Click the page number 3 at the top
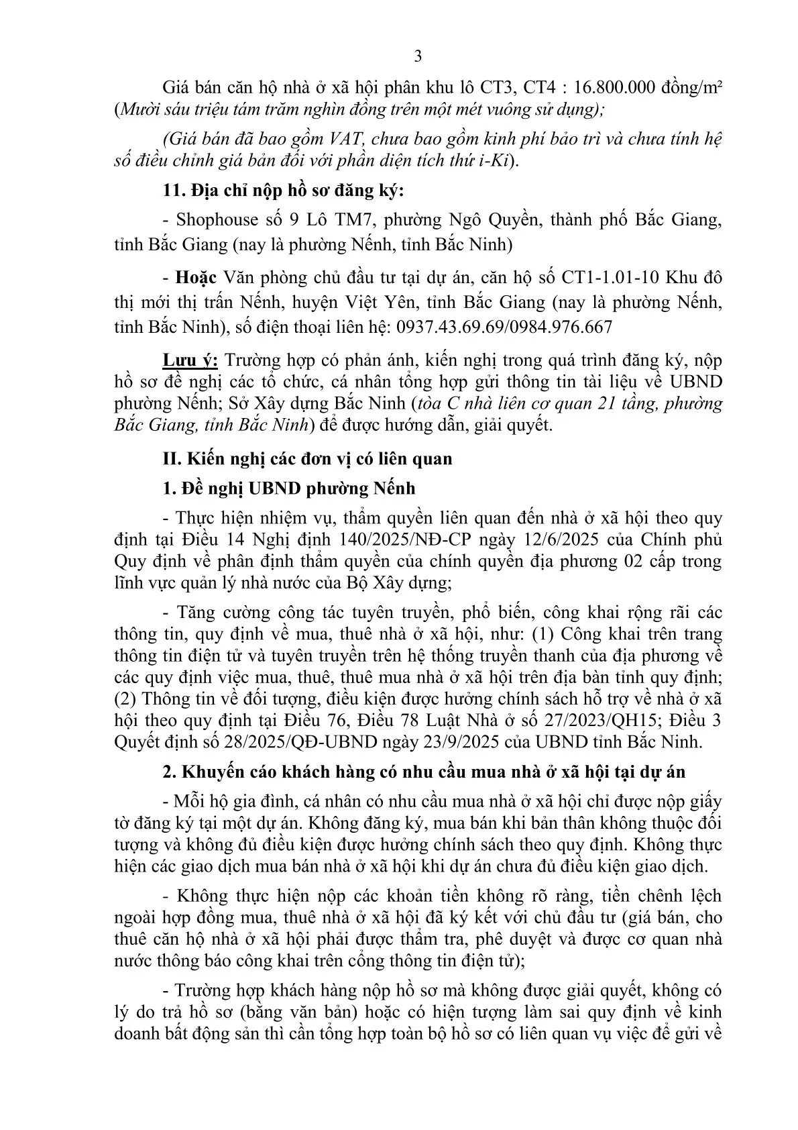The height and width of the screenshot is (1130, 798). pyautogui.click(x=418, y=56)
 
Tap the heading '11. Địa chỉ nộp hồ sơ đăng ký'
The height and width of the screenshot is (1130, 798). pyautogui.click(x=284, y=191)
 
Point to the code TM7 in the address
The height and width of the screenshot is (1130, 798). pyautogui.click(x=361, y=220)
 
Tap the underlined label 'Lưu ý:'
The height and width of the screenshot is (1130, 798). pyautogui.click(x=190, y=360)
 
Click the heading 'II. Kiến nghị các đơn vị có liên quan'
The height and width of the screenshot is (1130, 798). pyautogui.click(x=308, y=459)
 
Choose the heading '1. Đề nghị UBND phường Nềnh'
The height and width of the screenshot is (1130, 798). pyautogui.click(x=289, y=489)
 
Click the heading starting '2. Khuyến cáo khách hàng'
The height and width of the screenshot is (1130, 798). pyautogui.click(x=424, y=772)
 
